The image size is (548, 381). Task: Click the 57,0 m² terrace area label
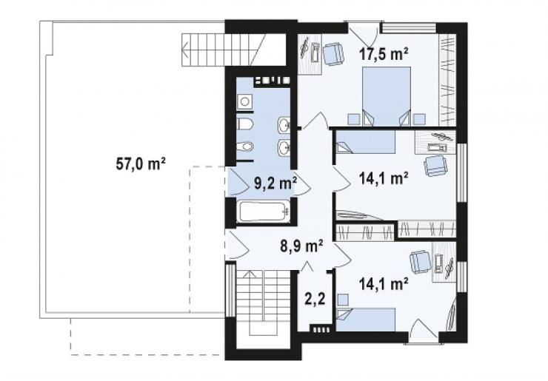click(141, 163)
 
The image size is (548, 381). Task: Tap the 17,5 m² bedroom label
click(384, 54)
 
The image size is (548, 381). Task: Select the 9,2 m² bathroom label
click(275, 183)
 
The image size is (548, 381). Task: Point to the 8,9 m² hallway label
click(301, 246)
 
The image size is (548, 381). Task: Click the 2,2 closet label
click(315, 299)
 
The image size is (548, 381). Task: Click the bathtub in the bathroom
click(264, 212)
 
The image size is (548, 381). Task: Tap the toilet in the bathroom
click(245, 124)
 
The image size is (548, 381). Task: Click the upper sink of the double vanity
click(284, 125)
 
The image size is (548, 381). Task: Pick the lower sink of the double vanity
click(284, 148)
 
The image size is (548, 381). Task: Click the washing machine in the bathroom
click(244, 102)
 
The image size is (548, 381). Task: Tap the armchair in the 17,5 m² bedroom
click(333, 54)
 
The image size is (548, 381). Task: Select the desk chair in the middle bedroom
click(435, 166)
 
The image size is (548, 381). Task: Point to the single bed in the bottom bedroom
click(366, 319)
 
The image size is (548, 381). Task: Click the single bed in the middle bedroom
click(366, 142)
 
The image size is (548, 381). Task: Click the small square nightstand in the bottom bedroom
click(343, 300)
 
